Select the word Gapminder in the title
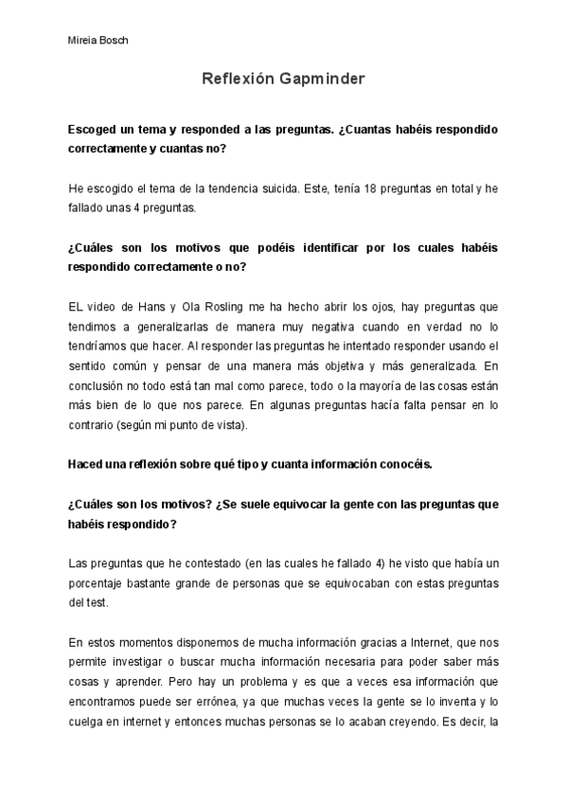318,81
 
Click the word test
99,602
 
